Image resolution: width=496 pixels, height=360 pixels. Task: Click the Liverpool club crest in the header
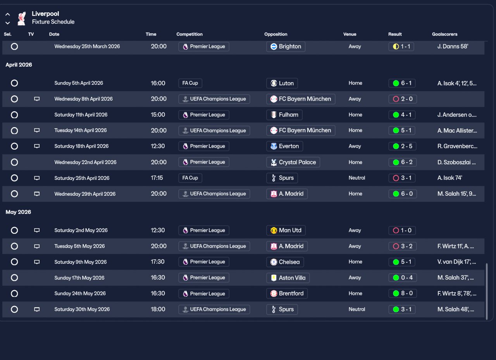tap(22, 18)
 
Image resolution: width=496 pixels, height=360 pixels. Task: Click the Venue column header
tap(350, 34)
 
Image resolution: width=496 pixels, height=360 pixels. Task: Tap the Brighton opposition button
tap(286, 47)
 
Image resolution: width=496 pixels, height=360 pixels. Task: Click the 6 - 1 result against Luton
tap(402, 83)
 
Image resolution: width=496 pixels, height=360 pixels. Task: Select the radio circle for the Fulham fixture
tap(14, 115)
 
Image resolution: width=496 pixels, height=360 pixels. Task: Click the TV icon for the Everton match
tap(37, 146)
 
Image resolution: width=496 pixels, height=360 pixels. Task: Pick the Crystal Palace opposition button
tap(293, 162)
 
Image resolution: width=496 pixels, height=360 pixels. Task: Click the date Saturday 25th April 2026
tap(82, 178)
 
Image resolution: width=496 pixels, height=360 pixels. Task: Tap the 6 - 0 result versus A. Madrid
tap(402, 194)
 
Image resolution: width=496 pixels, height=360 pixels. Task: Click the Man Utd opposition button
tap(286, 230)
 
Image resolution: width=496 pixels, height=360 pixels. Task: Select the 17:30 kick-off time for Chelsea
tap(158, 262)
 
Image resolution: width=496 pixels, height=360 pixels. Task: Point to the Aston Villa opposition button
tap(288, 278)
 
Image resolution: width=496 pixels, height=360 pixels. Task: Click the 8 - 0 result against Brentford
tap(402, 294)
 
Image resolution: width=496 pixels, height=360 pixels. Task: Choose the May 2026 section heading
tap(18, 212)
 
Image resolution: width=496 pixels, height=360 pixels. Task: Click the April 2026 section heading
tap(19, 65)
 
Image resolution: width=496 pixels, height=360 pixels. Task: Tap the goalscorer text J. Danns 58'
tap(453, 47)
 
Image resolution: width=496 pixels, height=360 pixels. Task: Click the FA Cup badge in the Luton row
tap(190, 83)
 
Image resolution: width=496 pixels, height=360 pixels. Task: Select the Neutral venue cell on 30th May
tap(356, 309)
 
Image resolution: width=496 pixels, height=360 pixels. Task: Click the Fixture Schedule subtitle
tap(53, 22)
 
